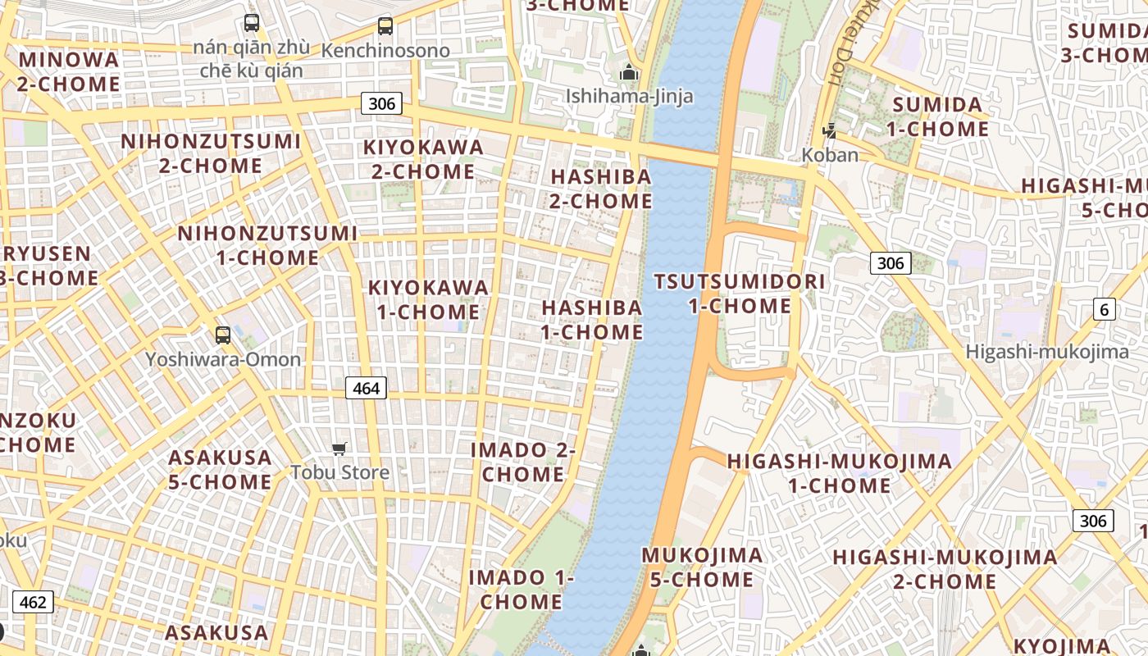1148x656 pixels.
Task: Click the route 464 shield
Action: pyautogui.click(x=366, y=388)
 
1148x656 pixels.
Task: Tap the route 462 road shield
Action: pyautogui.click(x=33, y=603)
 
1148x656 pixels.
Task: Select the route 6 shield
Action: pyautogui.click(x=1105, y=309)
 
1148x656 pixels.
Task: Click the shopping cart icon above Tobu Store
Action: pyautogui.click(x=339, y=449)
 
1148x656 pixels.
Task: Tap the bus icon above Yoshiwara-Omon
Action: pyautogui.click(x=222, y=335)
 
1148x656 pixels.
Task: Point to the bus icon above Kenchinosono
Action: pyautogui.click(x=385, y=25)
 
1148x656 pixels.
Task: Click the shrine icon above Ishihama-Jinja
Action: pyautogui.click(x=629, y=73)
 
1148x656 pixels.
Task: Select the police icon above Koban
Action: pyautogui.click(x=831, y=130)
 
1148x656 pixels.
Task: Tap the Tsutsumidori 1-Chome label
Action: pyautogui.click(x=740, y=294)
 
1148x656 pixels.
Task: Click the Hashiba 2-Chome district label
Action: pyautogui.click(x=601, y=189)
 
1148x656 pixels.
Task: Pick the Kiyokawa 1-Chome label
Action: pyautogui.click(x=428, y=300)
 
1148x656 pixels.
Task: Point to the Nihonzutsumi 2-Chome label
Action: pyautogui.click(x=211, y=153)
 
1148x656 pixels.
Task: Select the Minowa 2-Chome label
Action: pyautogui.click(x=69, y=72)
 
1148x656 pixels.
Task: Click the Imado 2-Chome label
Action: pyautogui.click(x=522, y=462)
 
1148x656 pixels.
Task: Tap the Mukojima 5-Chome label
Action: pyautogui.click(x=701, y=567)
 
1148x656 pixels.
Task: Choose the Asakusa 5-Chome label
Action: pyautogui.click(x=220, y=470)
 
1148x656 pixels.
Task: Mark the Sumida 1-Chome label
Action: pyautogui.click(x=937, y=116)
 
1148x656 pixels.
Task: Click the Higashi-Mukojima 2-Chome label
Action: pyautogui.click(x=945, y=570)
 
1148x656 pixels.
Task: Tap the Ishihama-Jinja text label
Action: pyautogui.click(x=629, y=97)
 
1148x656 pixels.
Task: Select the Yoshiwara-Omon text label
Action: pyautogui.click(x=223, y=359)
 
